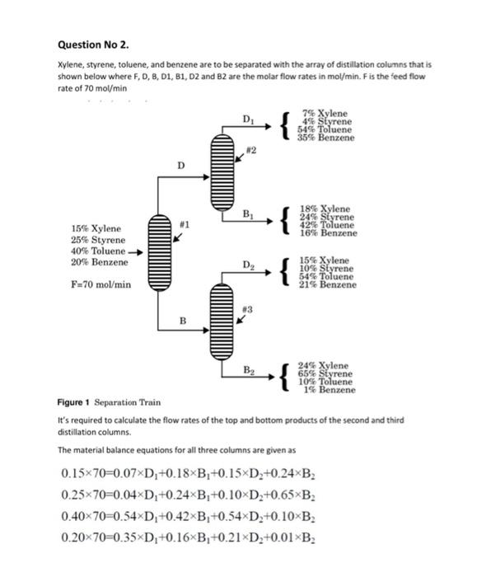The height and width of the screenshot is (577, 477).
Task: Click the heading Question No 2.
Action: click(93, 45)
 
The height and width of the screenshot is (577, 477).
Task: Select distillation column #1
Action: click(159, 253)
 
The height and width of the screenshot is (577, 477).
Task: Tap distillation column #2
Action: click(222, 172)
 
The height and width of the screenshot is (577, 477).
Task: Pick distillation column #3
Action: click(222, 321)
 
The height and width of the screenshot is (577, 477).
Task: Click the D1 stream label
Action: click(248, 120)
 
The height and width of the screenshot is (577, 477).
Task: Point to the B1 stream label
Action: click(248, 214)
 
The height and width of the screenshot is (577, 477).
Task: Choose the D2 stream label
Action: click(248, 265)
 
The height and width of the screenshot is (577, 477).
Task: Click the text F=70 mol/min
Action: click(101, 284)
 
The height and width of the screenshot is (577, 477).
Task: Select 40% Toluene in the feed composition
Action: click(98, 251)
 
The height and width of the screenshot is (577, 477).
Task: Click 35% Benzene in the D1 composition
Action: click(326, 138)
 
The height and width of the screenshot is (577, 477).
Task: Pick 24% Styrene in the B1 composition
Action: click(327, 217)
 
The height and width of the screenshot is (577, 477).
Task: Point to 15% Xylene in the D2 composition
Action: click(324, 260)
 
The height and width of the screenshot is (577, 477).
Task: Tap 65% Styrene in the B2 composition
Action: click(325, 373)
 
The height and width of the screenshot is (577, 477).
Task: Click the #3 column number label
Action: click(247, 309)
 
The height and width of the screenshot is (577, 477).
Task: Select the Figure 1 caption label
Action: click(73, 402)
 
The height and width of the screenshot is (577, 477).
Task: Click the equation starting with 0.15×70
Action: click(188, 473)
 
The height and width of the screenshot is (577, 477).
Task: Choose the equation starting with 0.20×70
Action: click(188, 537)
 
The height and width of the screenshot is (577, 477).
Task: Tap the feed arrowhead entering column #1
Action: click(139, 252)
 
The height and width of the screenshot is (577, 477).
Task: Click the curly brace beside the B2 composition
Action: click(285, 378)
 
